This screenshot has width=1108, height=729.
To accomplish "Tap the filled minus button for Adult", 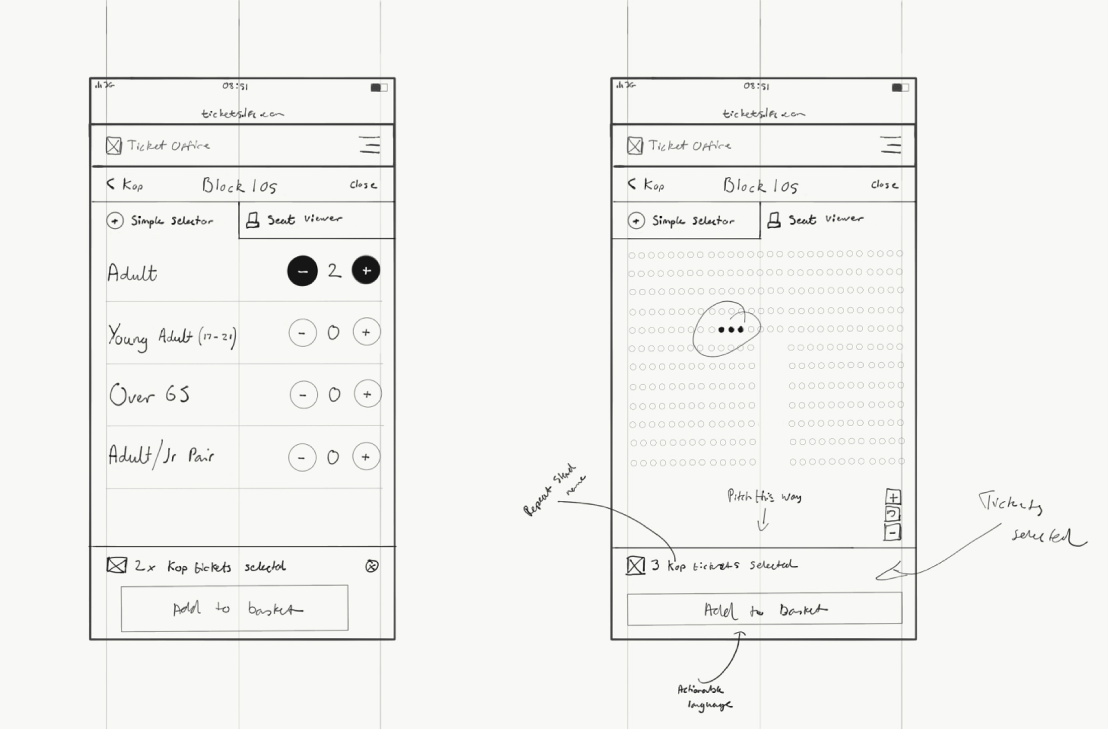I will click(302, 271).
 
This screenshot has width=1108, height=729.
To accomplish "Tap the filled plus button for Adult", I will click(366, 270).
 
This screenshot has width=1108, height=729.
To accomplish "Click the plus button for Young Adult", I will click(366, 332).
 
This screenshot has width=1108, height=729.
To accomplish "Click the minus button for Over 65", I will click(303, 394).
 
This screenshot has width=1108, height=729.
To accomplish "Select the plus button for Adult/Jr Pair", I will click(366, 456).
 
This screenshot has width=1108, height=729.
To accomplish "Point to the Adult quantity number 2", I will click(334, 271).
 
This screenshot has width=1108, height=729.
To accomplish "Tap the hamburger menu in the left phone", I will click(370, 145).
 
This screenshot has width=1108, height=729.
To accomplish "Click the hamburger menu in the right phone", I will click(890, 145).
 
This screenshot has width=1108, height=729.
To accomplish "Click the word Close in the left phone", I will click(363, 185).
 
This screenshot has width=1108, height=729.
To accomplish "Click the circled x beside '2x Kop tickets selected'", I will click(372, 566).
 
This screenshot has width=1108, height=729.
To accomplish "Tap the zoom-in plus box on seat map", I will click(893, 497).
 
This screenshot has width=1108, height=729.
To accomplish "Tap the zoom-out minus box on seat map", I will click(892, 533).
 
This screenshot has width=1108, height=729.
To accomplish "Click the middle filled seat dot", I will click(731, 329).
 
